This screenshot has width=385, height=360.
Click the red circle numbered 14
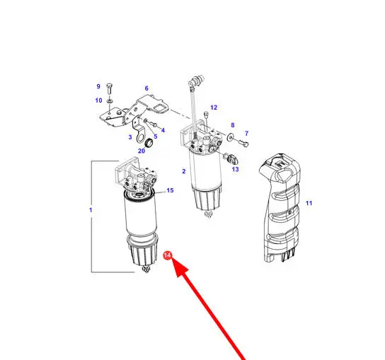(x=168, y=255)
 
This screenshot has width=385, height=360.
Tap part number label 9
(x=98, y=86)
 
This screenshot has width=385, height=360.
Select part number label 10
(x=98, y=100)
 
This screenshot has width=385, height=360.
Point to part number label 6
(x=146, y=88)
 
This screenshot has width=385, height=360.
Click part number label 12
(x=214, y=108)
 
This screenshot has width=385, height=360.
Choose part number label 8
(x=233, y=125)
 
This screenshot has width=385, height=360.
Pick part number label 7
(x=247, y=134)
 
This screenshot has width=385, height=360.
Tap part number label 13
(x=235, y=169)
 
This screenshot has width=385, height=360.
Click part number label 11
(x=309, y=203)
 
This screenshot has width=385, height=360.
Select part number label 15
(x=170, y=190)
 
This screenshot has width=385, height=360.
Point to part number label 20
(x=142, y=151)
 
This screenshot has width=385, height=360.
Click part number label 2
(x=184, y=171)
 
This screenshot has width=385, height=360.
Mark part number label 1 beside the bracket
(x=91, y=210)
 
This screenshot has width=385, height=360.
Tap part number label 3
(x=130, y=137)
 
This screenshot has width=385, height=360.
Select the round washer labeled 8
(x=231, y=137)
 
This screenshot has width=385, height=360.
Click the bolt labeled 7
(x=243, y=143)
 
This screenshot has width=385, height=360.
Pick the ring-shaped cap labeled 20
(x=149, y=143)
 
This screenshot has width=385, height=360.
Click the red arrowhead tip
(x=172, y=260)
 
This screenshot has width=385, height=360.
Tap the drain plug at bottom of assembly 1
(x=146, y=269)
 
